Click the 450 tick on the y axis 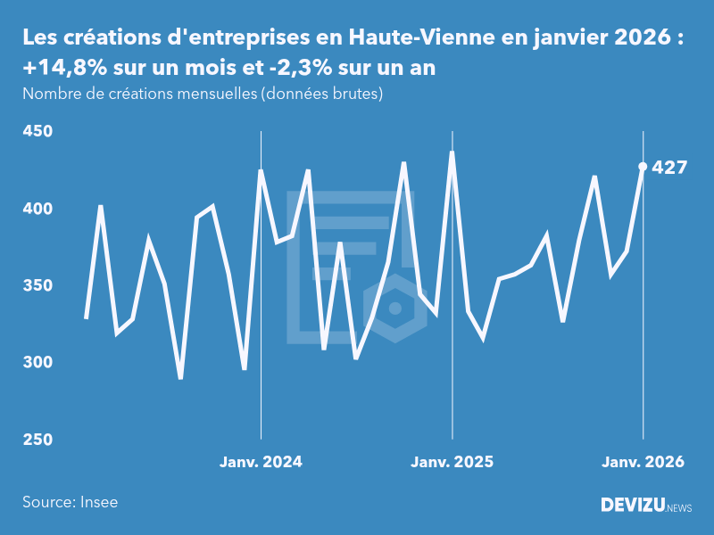click(x=37, y=132)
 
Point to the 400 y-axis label click(x=37, y=209)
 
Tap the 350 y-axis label click(x=37, y=286)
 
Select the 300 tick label click(x=37, y=363)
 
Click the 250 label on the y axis click(x=37, y=440)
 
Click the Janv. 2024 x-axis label click(x=262, y=462)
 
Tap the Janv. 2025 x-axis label click(x=452, y=462)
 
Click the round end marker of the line click(x=643, y=167)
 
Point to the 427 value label click(x=669, y=167)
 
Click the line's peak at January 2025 click(x=452, y=152)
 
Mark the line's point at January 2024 click(x=261, y=170)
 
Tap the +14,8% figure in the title click(x=62, y=69)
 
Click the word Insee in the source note click(x=97, y=502)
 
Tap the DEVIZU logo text click(x=631, y=506)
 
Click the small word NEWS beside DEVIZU click(x=678, y=508)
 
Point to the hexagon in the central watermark click(x=394, y=309)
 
